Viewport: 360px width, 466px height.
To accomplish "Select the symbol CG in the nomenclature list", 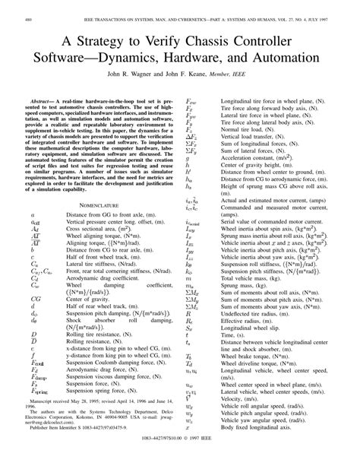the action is (x=36, y=300).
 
